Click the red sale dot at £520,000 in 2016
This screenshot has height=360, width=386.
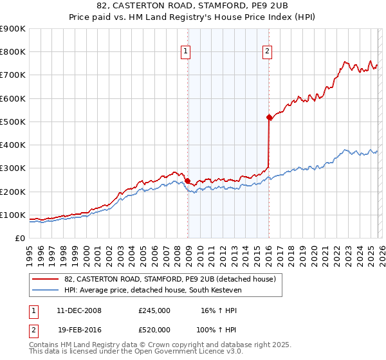tap(269, 117)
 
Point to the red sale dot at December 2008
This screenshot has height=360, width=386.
tap(187, 181)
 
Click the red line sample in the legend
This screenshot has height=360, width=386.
tap(45, 279)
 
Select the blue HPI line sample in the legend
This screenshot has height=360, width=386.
tap(45, 291)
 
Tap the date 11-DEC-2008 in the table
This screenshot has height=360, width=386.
tap(79, 310)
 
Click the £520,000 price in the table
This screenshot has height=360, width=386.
tap(154, 329)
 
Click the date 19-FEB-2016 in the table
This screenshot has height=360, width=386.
tap(79, 329)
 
